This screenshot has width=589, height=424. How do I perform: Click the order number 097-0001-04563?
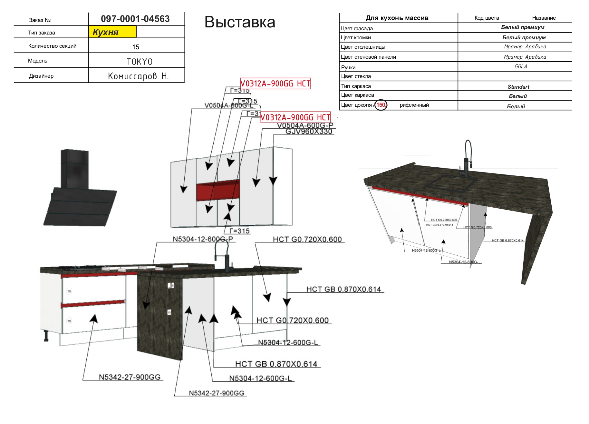point(135,19)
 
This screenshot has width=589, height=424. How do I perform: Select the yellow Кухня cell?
point(112,32)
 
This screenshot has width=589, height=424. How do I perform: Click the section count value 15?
point(136,47)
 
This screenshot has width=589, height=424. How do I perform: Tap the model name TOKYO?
point(140,62)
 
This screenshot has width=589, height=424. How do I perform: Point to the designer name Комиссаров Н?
point(138,76)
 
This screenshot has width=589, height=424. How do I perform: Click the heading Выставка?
point(240,22)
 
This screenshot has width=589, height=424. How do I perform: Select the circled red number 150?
point(381,105)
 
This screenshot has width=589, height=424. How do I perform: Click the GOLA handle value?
point(521,66)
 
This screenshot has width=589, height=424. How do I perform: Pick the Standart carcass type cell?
point(518,87)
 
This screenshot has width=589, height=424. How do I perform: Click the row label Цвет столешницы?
point(363,47)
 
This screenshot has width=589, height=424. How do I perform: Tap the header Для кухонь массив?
point(397,18)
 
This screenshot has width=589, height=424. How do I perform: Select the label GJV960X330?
point(309,132)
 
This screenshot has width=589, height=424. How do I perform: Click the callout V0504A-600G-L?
point(229,105)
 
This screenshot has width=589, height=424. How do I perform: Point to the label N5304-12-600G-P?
point(202,239)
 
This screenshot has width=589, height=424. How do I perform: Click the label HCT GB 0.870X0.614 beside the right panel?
point(343,289)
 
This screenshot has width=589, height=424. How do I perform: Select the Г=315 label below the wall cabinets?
point(239,231)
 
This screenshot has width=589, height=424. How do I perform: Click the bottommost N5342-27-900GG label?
point(216,393)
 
